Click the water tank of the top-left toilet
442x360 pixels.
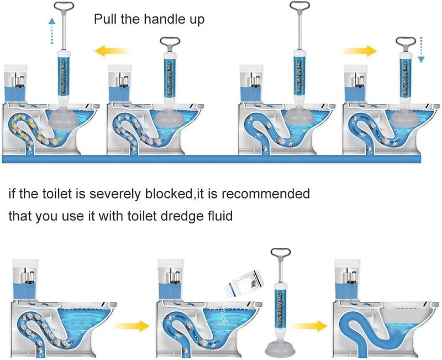(x=17, y=82)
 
